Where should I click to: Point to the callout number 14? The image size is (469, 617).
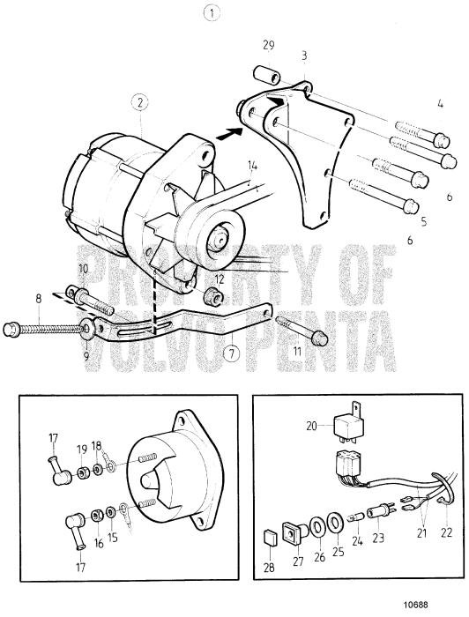[x=252, y=166]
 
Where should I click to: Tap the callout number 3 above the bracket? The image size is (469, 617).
[x=303, y=55]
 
